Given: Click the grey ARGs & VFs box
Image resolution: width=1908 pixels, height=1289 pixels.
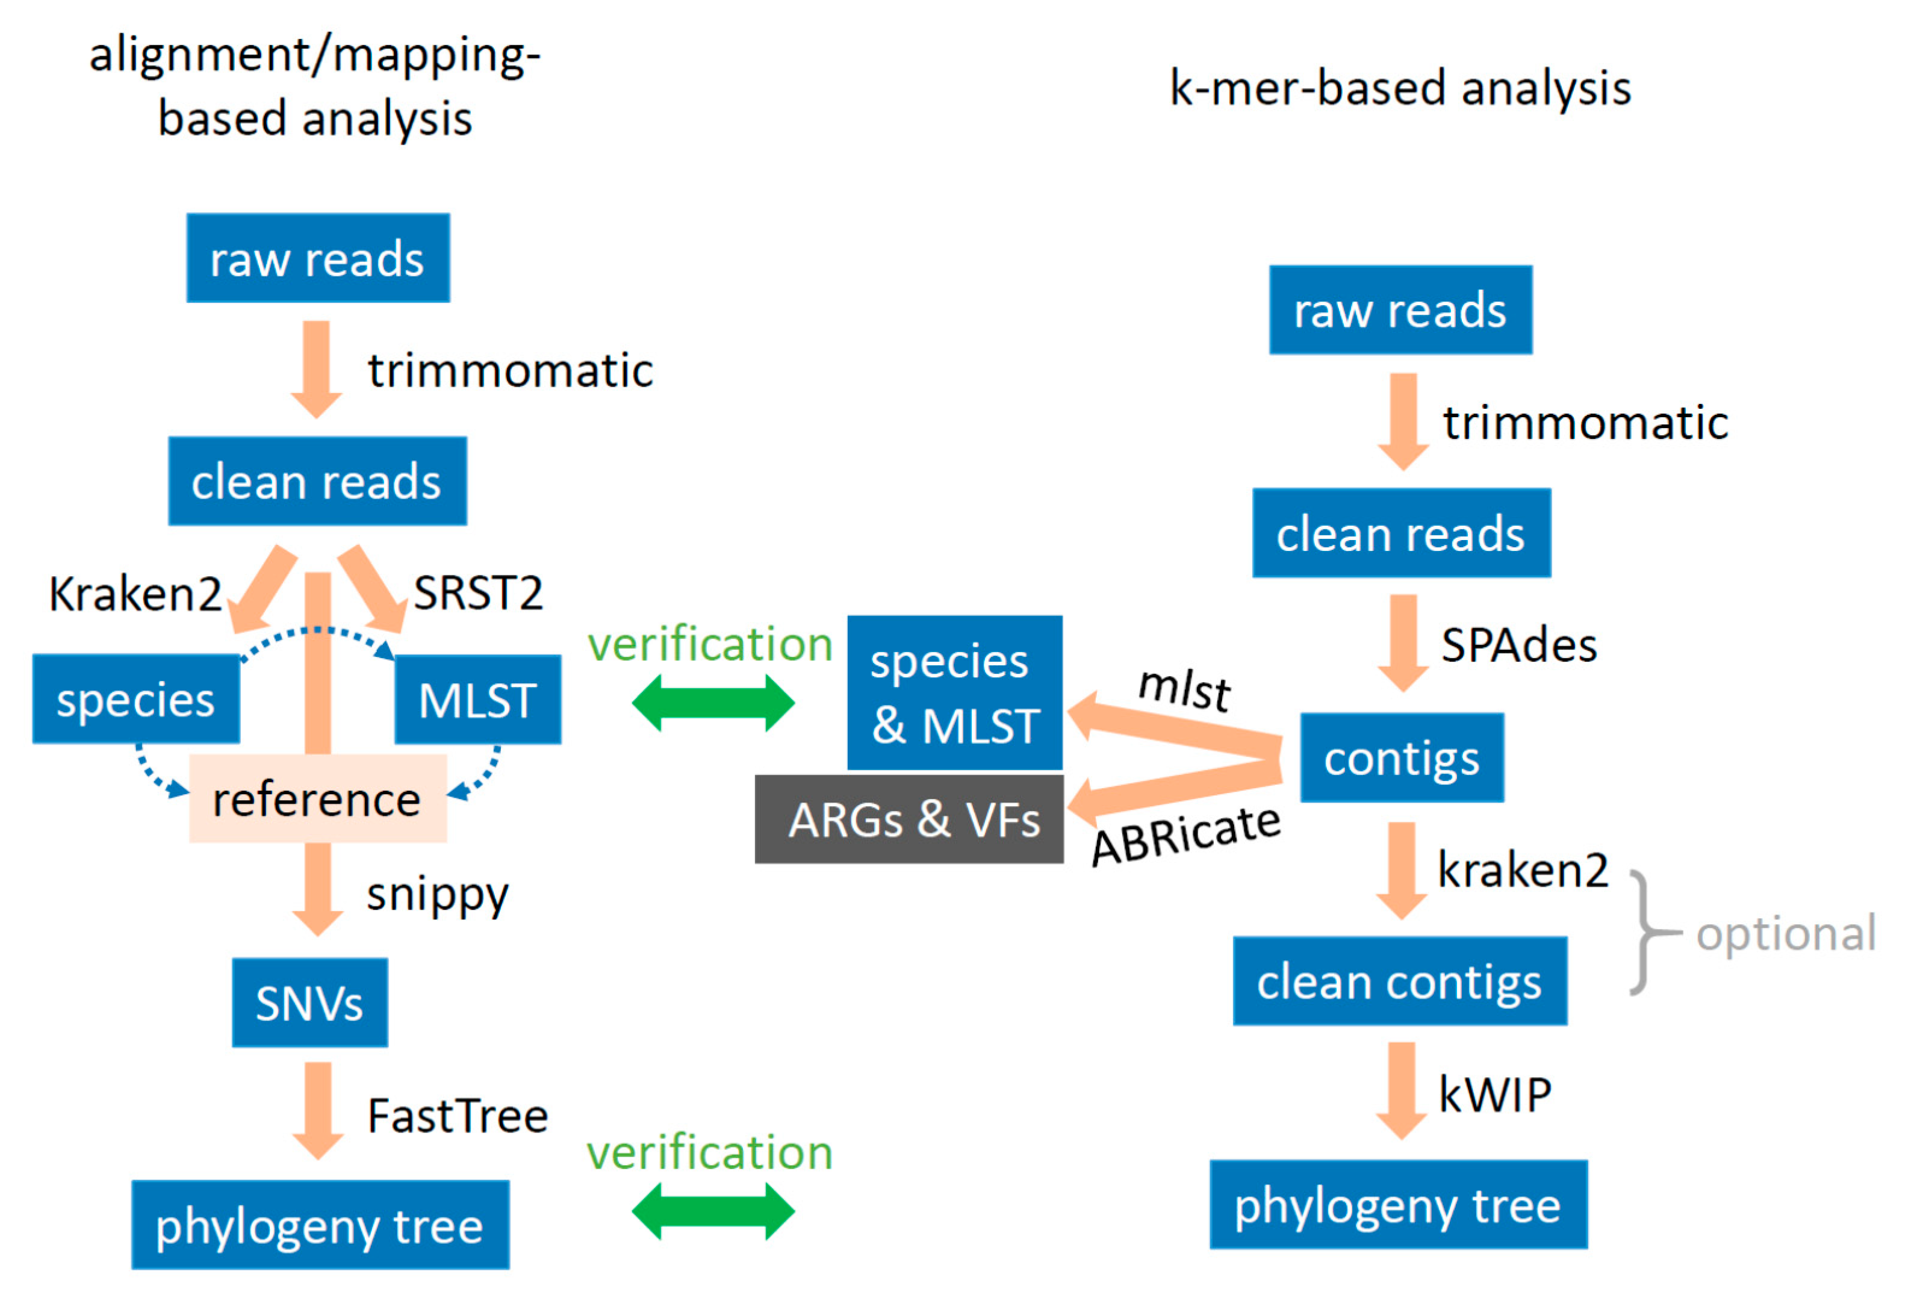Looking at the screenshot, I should pyautogui.click(x=909, y=819).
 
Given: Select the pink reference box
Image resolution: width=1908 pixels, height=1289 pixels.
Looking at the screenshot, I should pyautogui.click(x=318, y=799).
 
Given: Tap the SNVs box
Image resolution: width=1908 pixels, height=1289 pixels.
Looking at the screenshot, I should pyautogui.click(x=309, y=1002).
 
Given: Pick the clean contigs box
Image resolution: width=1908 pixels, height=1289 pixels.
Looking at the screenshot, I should pyautogui.click(x=1399, y=981).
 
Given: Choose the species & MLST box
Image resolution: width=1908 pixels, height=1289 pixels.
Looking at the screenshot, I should pyautogui.click(x=954, y=692).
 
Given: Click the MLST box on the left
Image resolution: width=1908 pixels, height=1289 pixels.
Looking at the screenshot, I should pyautogui.click(x=478, y=700).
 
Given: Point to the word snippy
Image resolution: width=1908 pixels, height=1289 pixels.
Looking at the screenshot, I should pyautogui.click(x=437, y=893).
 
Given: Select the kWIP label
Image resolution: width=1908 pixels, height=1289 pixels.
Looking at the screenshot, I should pyautogui.click(x=1494, y=1095).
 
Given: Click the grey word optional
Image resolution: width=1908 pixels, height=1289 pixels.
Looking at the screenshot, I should pyautogui.click(x=1786, y=934).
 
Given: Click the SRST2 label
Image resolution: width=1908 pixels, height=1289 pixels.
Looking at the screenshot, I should pyautogui.click(x=478, y=593).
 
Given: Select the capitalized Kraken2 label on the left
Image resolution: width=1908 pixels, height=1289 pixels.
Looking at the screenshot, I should pyautogui.click(x=135, y=594).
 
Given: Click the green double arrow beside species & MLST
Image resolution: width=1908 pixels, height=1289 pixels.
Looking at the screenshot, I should pyautogui.click(x=713, y=703).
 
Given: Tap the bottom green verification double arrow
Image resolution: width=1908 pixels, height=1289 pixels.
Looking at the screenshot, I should pyautogui.click(x=713, y=1211).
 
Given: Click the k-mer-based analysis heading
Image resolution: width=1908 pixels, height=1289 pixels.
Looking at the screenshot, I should pyautogui.click(x=1400, y=88).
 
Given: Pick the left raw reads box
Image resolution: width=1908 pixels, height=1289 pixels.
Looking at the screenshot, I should pyautogui.click(x=318, y=258).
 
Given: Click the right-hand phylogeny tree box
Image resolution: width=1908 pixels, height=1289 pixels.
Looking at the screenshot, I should pyautogui.click(x=1397, y=1205).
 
